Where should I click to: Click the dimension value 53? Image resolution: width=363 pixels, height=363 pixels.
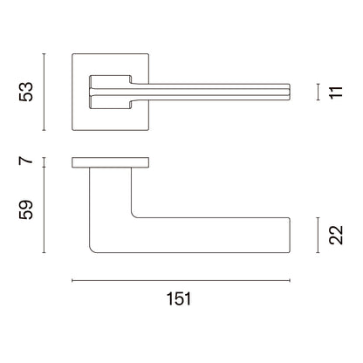(26, 92)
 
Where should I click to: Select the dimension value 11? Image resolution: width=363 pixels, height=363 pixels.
(336, 92)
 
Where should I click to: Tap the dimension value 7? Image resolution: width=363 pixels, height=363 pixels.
(25, 161)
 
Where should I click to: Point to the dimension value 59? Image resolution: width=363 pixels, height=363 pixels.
(26, 210)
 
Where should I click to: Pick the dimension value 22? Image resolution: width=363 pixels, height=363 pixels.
(336, 235)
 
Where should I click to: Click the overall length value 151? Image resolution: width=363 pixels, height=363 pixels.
(179, 298)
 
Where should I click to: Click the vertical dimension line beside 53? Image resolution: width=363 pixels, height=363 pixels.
(44, 92)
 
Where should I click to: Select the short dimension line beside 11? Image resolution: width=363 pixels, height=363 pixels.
(318, 92)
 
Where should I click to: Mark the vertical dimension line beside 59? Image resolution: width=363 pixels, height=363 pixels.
(44, 210)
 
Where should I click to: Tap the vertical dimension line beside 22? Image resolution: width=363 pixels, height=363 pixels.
(318, 235)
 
